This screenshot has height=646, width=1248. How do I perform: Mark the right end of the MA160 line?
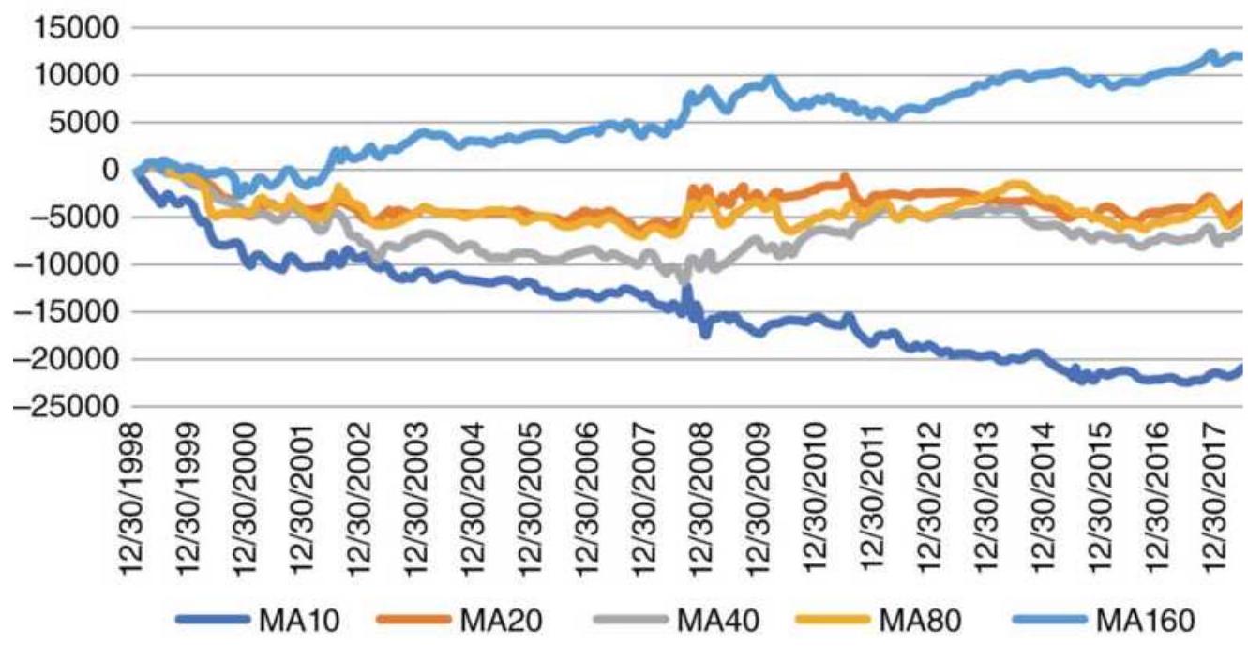pos(1240,56)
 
